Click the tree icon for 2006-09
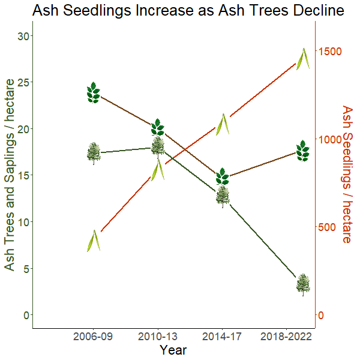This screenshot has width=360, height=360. pyautogui.click(x=94, y=153)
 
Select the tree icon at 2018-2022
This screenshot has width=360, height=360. pyautogui.click(x=304, y=284)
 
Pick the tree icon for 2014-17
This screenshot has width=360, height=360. pyautogui.click(x=223, y=196)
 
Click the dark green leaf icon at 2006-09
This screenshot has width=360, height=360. pyautogui.click(x=93, y=92)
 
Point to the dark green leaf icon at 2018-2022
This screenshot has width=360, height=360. pyautogui.click(x=304, y=151)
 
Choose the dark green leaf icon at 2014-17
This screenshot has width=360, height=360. pyautogui.click(x=222, y=176)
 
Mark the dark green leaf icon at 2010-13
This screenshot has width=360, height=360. pyautogui.click(x=158, y=127)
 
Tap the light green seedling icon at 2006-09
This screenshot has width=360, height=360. pyautogui.click(x=93, y=241)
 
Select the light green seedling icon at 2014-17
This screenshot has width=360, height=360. pyautogui.click(x=223, y=124)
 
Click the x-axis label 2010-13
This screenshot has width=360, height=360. pyautogui.click(x=158, y=337)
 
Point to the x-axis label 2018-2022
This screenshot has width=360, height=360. pyautogui.click(x=286, y=337)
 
